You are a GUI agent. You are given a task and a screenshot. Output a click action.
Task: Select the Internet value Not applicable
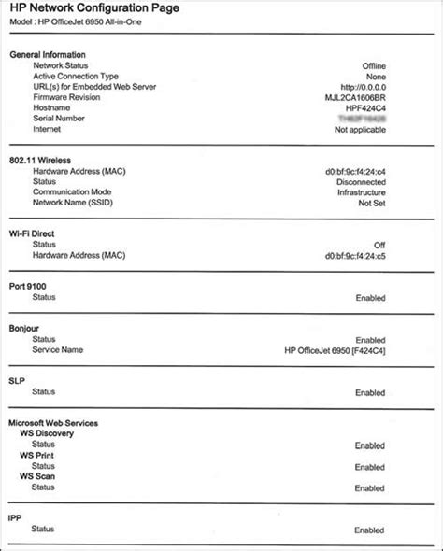point(357,130)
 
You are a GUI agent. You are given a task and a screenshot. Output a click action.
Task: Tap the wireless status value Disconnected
point(358,182)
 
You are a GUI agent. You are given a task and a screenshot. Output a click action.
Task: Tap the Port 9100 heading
point(31,285)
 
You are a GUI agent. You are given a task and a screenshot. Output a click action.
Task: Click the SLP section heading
point(18,382)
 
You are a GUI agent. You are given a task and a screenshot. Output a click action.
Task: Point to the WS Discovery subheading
point(48,433)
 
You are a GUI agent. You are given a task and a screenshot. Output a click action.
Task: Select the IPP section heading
point(17,515)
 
